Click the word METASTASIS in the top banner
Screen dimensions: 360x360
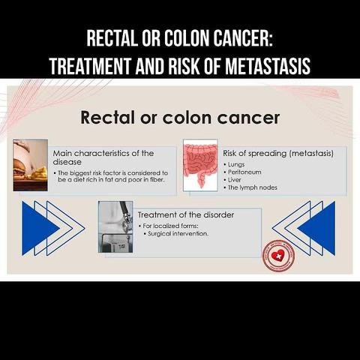tap(268, 66)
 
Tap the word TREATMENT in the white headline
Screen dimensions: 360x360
tap(90, 66)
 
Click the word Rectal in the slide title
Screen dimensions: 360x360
tap(108, 118)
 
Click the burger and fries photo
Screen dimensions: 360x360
tap(31, 165)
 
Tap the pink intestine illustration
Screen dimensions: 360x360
tap(200, 165)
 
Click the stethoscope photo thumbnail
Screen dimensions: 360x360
tap(115, 226)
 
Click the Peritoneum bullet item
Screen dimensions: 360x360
tap(242, 172)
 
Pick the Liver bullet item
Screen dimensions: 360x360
tap(232, 180)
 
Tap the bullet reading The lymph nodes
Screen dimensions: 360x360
tap(250, 187)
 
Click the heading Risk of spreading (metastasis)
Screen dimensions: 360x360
tap(278, 153)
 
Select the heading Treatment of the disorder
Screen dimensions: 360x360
tap(186, 214)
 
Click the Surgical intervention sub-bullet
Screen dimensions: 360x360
tap(176, 234)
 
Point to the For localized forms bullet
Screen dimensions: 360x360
tap(169, 226)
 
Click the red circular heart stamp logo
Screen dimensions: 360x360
tap(278, 256)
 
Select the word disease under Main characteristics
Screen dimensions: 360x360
tap(67, 162)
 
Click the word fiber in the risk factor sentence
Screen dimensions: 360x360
tap(157, 180)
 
